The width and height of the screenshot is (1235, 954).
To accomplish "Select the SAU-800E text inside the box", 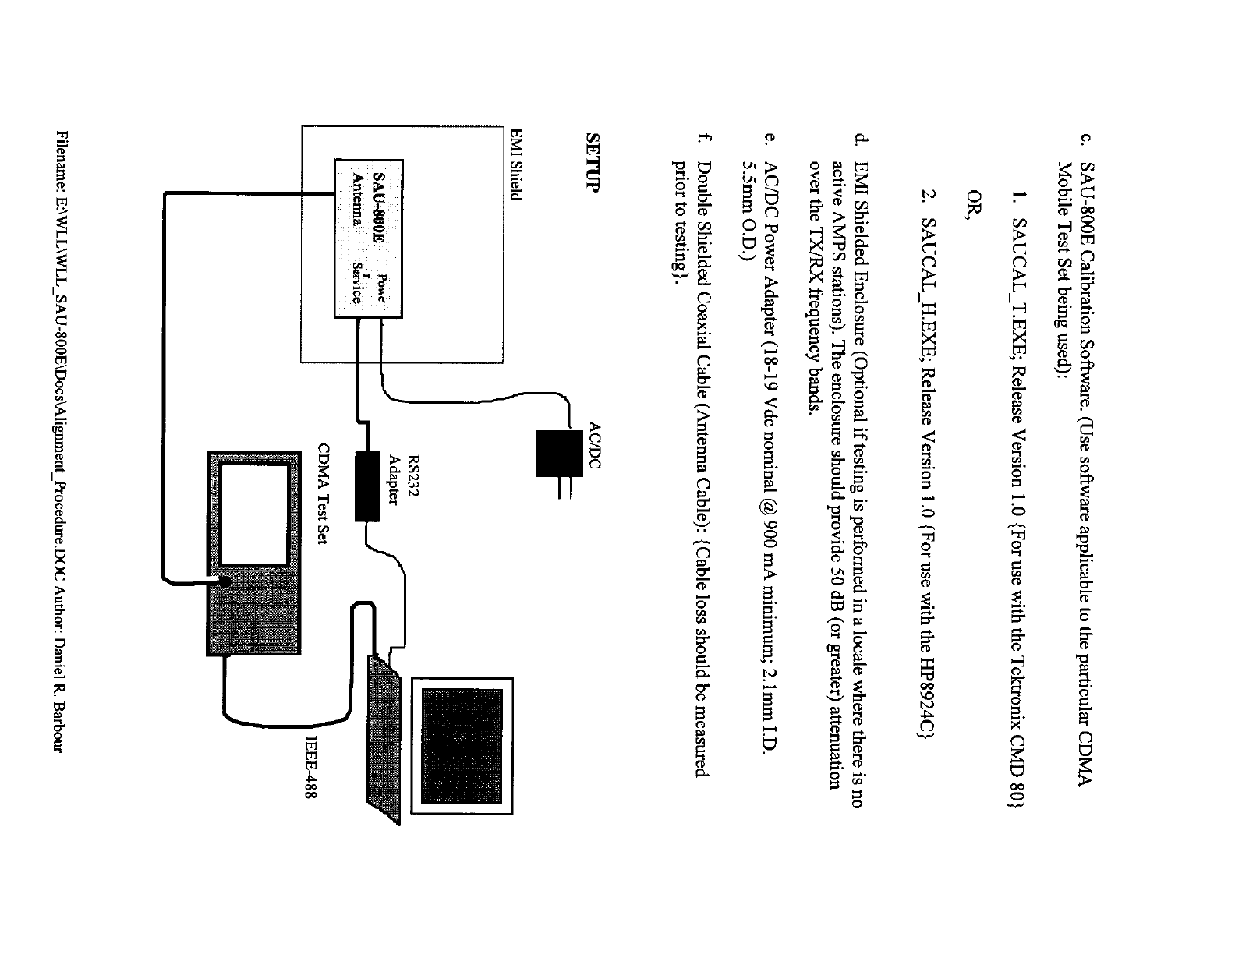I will (x=380, y=204).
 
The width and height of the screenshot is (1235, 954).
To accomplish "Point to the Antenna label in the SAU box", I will (x=357, y=198).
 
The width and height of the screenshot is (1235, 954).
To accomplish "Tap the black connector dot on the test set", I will (x=225, y=581).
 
